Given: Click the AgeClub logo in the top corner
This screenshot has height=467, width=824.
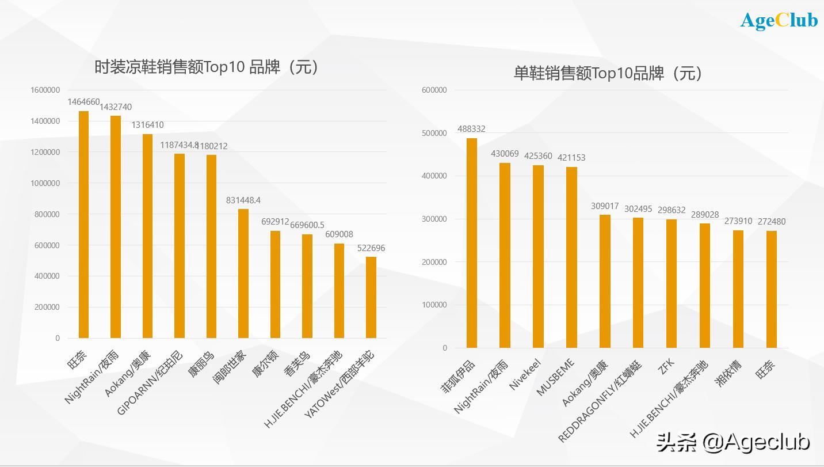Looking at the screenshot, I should coord(779,20).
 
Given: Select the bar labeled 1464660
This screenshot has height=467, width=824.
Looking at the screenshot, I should coord(83,225).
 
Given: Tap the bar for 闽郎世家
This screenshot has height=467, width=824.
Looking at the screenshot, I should coord(243,274).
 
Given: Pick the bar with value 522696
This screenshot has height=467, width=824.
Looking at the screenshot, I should coord(371,297).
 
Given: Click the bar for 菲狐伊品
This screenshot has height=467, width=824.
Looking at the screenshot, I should coord(472,243).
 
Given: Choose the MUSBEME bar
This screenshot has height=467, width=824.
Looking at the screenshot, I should coord(571,257).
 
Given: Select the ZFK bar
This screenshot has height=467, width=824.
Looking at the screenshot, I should coord(672,283).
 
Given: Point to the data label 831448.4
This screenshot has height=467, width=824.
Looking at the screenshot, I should coord(243,200).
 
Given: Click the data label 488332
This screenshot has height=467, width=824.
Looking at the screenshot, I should coord(471,129).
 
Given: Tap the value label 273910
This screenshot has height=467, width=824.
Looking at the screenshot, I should coord(738,221).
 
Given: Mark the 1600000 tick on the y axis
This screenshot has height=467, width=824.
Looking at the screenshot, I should coord(45,90).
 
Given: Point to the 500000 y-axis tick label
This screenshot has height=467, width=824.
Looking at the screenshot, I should coord(434,133).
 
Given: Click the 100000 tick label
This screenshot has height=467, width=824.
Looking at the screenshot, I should coord(434,305).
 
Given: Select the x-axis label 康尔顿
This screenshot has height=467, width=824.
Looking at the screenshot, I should coord(265,362).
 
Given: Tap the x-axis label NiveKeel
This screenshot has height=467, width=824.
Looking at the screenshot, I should coord(525,374).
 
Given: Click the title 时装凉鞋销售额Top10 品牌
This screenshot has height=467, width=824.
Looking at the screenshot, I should coord(206,67).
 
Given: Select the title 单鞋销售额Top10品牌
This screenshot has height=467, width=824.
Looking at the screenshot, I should coord(608,73).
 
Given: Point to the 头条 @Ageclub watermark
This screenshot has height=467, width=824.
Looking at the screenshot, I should coord(734,442).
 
